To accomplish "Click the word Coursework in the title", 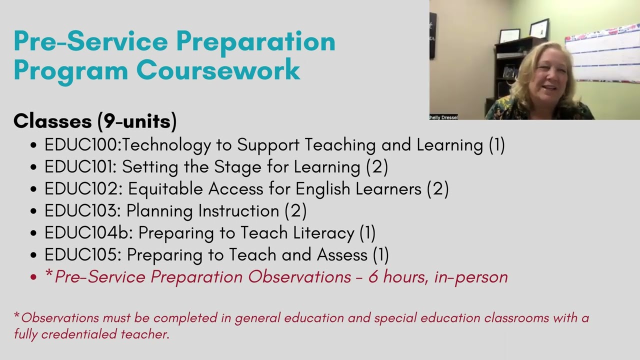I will point(218,69).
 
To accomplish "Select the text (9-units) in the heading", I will point(136,121).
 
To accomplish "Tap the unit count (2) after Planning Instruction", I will point(295,211).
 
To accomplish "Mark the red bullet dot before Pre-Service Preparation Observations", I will point(33,277).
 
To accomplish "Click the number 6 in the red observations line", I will point(373,277).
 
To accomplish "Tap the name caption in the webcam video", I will point(443,117).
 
